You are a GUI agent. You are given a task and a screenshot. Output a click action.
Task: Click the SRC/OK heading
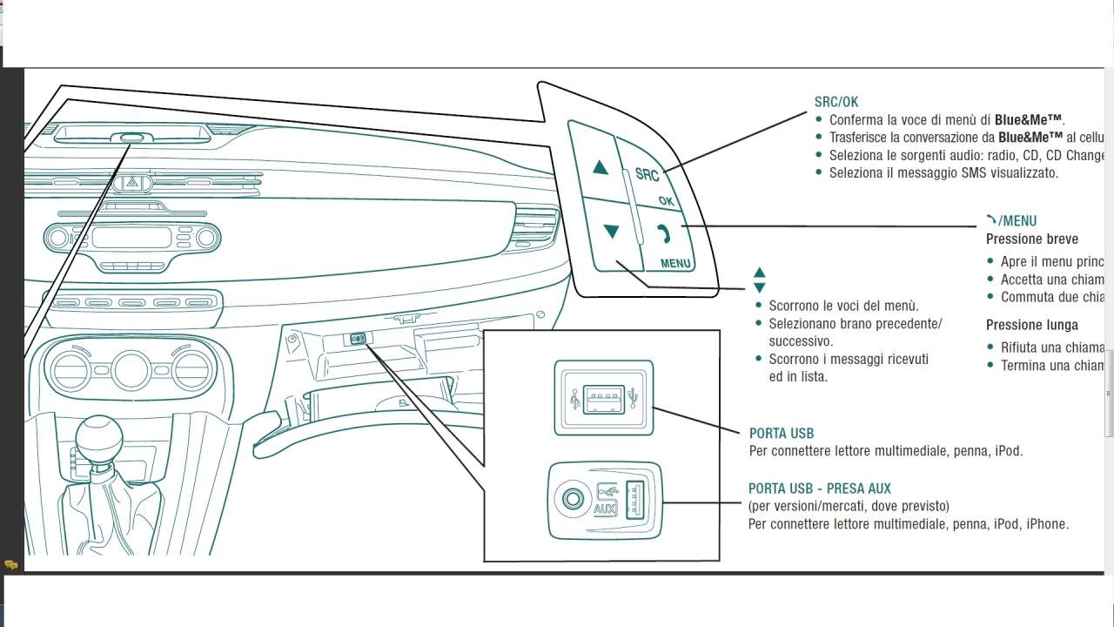pos(836,102)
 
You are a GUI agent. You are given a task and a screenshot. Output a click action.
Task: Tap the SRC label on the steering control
pos(647,173)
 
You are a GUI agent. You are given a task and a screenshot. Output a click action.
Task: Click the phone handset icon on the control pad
pos(664,233)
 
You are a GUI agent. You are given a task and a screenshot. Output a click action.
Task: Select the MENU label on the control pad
pos(675,263)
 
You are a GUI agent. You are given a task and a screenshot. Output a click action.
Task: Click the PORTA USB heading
pos(782,433)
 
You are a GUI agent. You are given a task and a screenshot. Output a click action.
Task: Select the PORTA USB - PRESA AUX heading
pos(820,489)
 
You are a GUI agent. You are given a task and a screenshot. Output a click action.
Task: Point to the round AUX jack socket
pos(572,500)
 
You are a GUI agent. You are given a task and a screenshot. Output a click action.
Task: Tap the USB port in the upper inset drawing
pos(603,397)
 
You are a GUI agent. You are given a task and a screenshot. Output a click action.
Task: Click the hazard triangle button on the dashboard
pos(132,183)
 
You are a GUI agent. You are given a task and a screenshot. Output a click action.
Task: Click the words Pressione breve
pos(1032,239)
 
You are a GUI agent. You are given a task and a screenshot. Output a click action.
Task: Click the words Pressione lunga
pos(1032,325)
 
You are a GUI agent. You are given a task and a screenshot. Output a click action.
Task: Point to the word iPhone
pos(1046,524)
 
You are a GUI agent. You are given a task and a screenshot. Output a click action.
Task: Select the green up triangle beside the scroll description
pos(759,273)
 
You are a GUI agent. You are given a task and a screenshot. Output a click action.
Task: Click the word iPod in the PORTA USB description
pos(1007,451)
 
